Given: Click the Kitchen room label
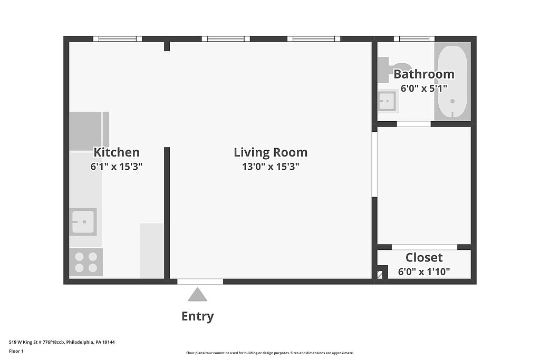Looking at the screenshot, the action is [117, 152].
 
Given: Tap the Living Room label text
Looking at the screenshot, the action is [271, 152].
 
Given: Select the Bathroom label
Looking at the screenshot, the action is [424, 74].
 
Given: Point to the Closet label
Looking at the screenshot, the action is [424, 257].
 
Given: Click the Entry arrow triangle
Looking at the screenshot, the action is [198, 295].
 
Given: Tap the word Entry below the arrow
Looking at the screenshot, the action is [198, 316].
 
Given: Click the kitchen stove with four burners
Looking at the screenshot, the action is [86, 262].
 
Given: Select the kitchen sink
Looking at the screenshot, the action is [83, 222].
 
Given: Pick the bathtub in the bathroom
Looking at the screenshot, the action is [452, 81].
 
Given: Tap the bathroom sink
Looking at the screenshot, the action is [388, 101].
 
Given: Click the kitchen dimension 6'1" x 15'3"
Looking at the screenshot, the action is [117, 167].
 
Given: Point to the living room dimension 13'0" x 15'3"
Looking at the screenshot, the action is [271, 167].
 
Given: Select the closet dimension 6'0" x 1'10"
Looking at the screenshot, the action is [424, 272].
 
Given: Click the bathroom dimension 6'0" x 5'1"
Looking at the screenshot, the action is [424, 89].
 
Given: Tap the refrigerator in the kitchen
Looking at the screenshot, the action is [89, 131].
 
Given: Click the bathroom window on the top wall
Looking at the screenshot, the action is [414, 39].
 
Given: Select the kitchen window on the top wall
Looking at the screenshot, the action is [118, 39].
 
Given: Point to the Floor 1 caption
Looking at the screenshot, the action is [16, 351].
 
